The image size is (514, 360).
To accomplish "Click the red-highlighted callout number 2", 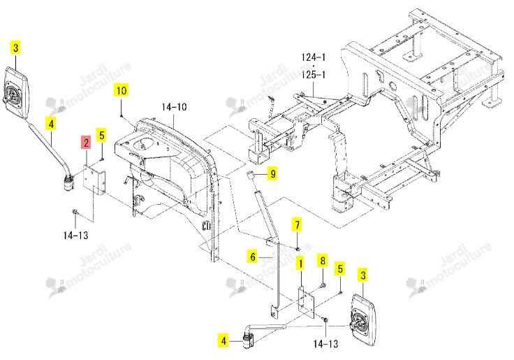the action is (86, 143).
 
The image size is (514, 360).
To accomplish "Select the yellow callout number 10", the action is (122, 90).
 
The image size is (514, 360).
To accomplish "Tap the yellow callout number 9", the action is (273, 173).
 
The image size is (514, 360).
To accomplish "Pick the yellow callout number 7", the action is (297, 225).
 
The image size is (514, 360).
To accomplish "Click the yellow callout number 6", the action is (252, 257).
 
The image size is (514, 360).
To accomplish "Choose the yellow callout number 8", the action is (323, 261).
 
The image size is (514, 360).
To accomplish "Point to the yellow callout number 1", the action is (300, 264).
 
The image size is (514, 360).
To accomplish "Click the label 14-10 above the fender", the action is (174, 107).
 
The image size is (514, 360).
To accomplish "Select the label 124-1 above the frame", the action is (314, 57).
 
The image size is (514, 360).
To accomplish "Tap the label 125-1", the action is (314, 75).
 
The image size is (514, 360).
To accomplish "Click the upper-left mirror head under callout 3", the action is (16, 92).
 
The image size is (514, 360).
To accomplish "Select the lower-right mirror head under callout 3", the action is (363, 320).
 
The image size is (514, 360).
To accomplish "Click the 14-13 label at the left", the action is (75, 236).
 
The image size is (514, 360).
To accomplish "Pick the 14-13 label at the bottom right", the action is (325, 344).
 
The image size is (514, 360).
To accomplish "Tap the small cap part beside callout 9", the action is (251, 175).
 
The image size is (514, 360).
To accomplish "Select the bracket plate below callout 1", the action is (306, 302).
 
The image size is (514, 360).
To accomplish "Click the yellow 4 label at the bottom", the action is (223, 340).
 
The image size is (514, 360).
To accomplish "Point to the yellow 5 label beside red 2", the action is (102, 135).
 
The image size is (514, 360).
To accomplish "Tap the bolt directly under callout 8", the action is (323, 285).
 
